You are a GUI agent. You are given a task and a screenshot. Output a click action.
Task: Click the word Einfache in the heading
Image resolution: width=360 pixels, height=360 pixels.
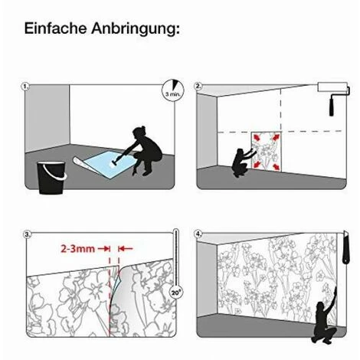click(56, 28)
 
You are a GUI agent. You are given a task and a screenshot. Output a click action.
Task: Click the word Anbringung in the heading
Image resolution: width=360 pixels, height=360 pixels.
click(136, 29)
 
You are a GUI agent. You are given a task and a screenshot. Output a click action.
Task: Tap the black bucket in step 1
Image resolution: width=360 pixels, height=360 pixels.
click(51, 177)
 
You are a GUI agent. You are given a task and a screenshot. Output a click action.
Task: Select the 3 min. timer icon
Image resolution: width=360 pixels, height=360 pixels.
click(173, 90)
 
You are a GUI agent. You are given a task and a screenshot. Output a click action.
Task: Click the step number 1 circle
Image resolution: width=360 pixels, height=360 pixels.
click(25, 87)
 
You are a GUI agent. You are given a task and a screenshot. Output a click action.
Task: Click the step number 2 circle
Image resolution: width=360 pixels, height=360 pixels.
click(198, 87)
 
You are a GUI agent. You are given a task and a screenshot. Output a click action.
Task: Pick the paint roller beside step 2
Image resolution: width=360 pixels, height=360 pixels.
click(333, 98)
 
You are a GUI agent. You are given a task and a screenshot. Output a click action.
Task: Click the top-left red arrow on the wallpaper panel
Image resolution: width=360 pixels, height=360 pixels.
click(257, 138)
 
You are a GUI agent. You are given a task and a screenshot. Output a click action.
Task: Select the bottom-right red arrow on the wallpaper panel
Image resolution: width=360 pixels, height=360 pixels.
click(276, 167)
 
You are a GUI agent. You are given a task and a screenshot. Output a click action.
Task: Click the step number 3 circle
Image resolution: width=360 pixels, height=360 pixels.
click(27, 234)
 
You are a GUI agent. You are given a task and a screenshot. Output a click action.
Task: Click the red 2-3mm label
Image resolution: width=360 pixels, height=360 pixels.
click(77, 248)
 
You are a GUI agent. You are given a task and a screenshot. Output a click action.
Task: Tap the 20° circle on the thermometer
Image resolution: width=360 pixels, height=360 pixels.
click(175, 293)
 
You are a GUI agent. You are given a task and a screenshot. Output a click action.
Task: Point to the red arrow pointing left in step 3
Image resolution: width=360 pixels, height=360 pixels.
click(126, 248)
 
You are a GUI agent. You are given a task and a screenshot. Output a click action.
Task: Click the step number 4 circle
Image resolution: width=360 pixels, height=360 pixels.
click(198, 234)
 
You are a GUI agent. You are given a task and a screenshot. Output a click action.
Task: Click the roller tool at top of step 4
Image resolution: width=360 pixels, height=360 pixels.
click(345, 247)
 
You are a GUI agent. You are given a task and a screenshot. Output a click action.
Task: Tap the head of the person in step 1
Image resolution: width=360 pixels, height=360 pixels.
click(139, 133)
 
